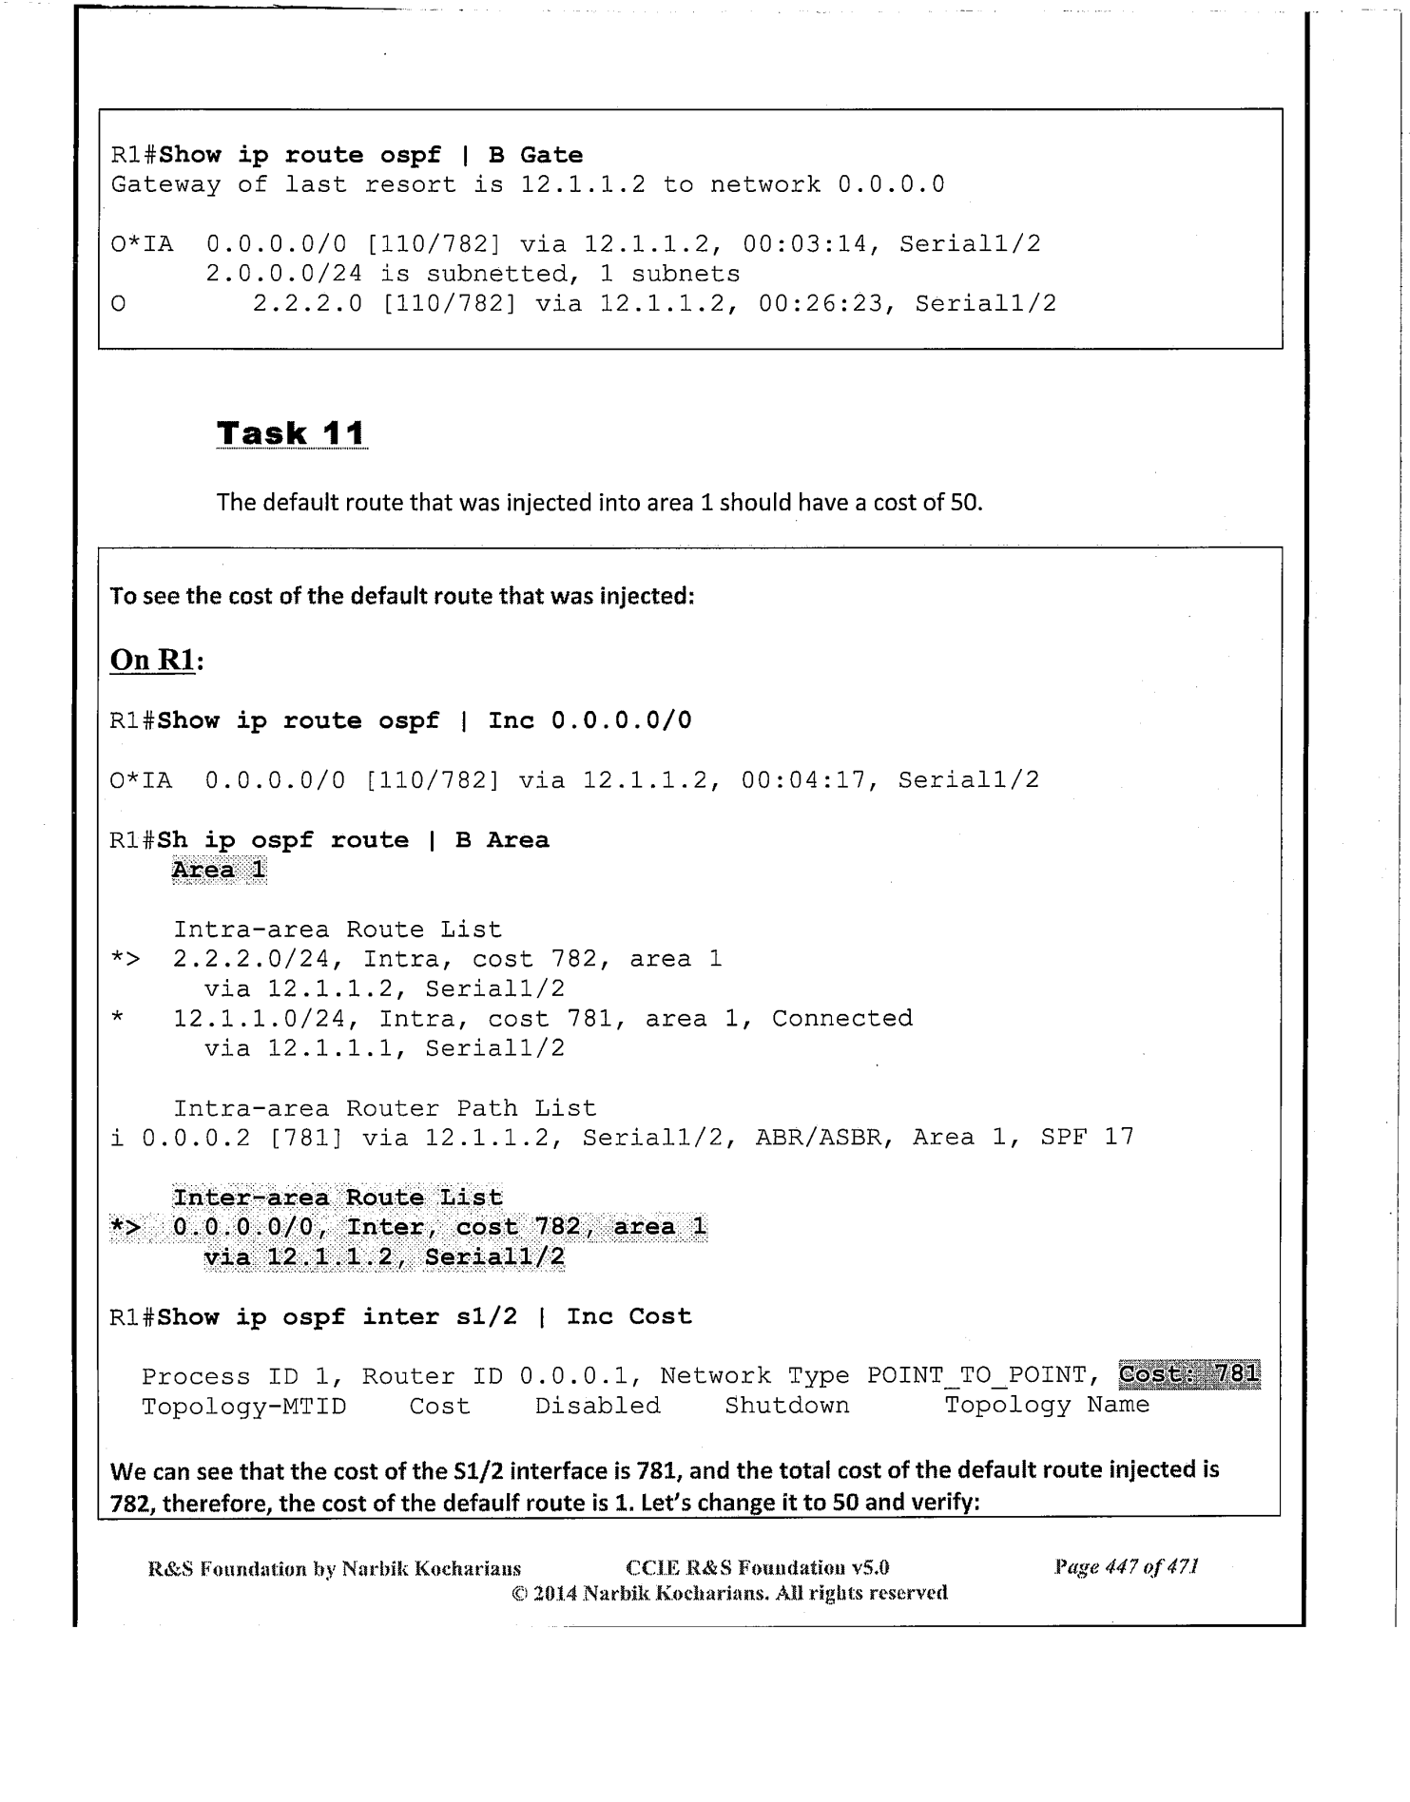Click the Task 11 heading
(x=291, y=433)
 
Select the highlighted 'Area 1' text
(x=219, y=870)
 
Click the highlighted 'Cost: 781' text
(x=1189, y=1374)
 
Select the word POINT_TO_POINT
(x=976, y=1375)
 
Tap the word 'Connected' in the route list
(x=841, y=1018)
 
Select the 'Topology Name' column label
(x=1047, y=1405)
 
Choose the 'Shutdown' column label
(x=786, y=1405)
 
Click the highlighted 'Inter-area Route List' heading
(x=338, y=1197)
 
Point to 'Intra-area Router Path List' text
(x=384, y=1108)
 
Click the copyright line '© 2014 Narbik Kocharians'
(x=729, y=1593)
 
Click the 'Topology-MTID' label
(x=243, y=1406)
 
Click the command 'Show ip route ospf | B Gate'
(x=371, y=155)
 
